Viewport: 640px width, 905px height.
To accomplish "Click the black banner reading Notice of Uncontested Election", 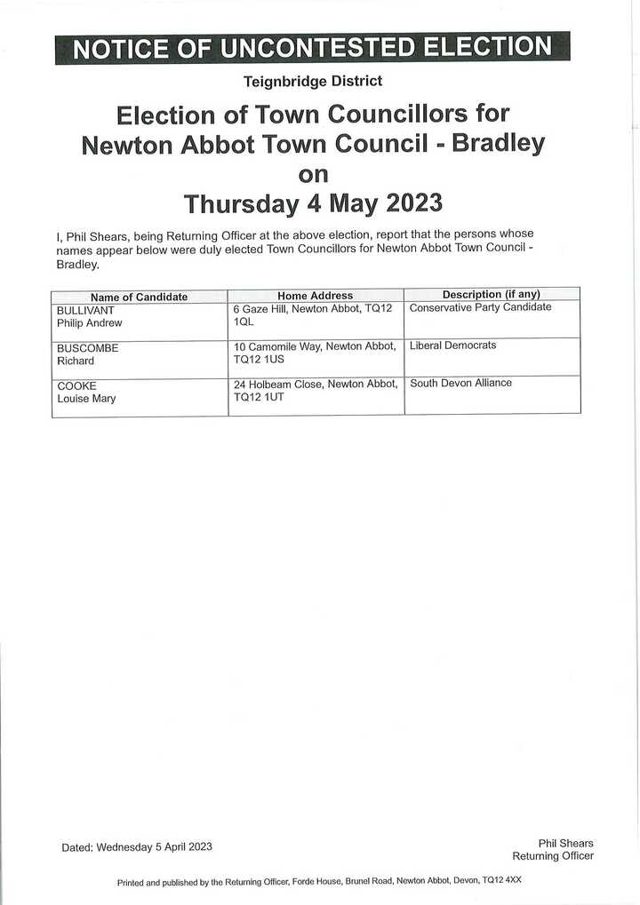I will (312, 47).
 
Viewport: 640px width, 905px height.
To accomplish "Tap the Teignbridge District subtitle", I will (312, 81).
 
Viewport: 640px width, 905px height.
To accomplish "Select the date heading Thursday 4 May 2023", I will (312, 203).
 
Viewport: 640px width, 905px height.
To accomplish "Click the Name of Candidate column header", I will (139, 297).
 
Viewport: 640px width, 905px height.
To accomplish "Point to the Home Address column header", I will (315, 296).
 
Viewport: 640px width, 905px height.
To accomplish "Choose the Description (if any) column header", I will (492, 294).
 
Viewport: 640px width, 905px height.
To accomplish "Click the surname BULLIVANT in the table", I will (85, 310).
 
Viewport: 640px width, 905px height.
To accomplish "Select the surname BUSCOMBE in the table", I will (87, 348).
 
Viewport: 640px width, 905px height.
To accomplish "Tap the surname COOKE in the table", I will (76, 386).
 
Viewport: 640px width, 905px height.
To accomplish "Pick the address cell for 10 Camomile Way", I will (314, 353).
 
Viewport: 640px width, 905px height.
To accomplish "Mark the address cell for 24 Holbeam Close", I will (315, 391).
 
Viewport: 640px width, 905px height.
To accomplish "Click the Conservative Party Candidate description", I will (480, 307).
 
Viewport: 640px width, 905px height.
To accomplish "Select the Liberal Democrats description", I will (452, 345).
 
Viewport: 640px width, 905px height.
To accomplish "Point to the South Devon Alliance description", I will (460, 383).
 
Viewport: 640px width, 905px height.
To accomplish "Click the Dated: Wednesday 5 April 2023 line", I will (137, 846).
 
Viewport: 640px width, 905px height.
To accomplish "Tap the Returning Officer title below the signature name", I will (552, 856).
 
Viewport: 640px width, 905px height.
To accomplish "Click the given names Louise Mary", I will (86, 399).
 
